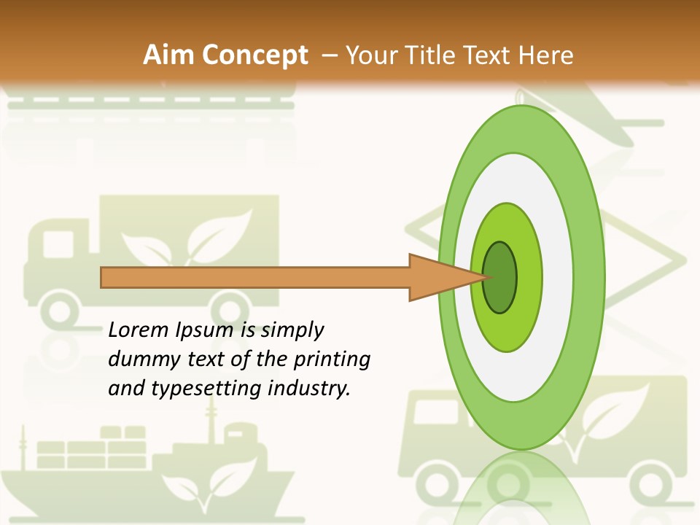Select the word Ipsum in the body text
tap(203, 331)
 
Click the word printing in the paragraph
tap(331, 359)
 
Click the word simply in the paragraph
tap(292, 331)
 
